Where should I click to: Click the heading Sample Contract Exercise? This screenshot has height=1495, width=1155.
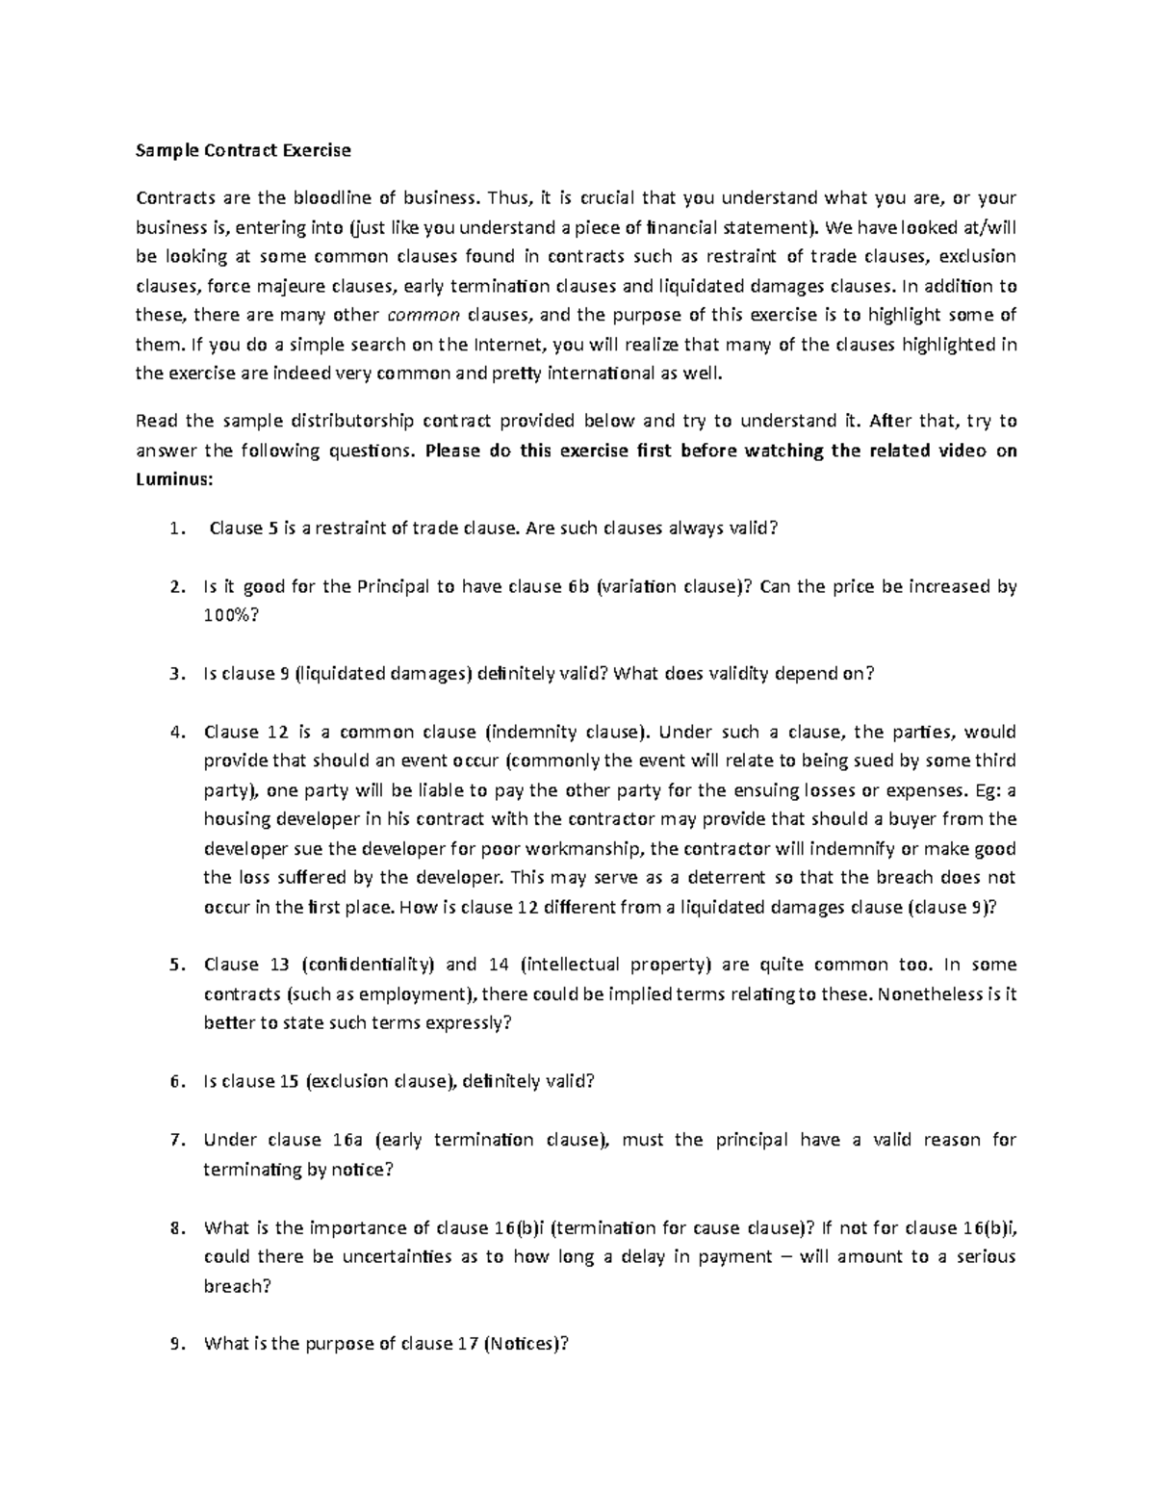[243, 150]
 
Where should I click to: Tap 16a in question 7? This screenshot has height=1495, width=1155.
[346, 1141]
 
